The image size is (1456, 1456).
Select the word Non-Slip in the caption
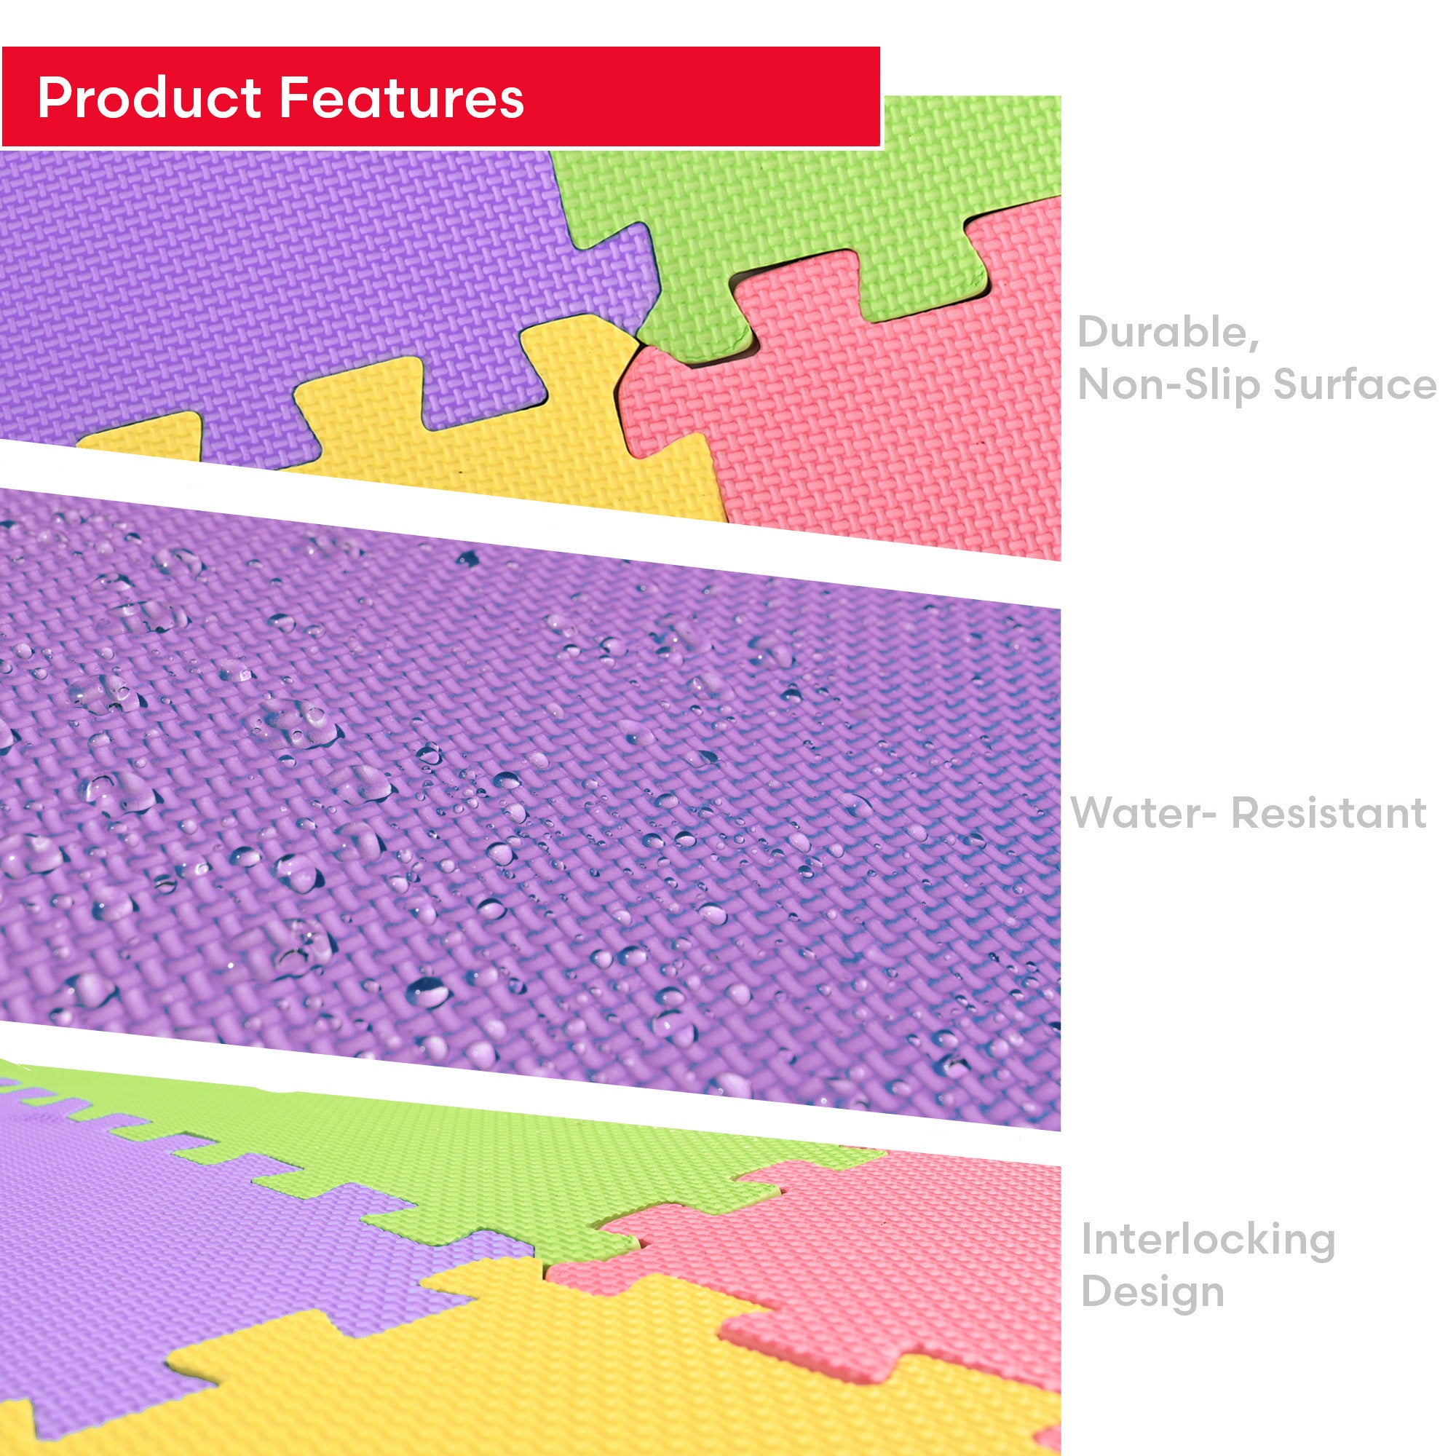coord(1168,384)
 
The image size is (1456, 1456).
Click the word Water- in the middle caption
coord(1142,813)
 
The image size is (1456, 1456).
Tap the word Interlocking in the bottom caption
coord(1208,1240)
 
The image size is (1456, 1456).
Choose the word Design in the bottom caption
coord(1152,1292)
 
